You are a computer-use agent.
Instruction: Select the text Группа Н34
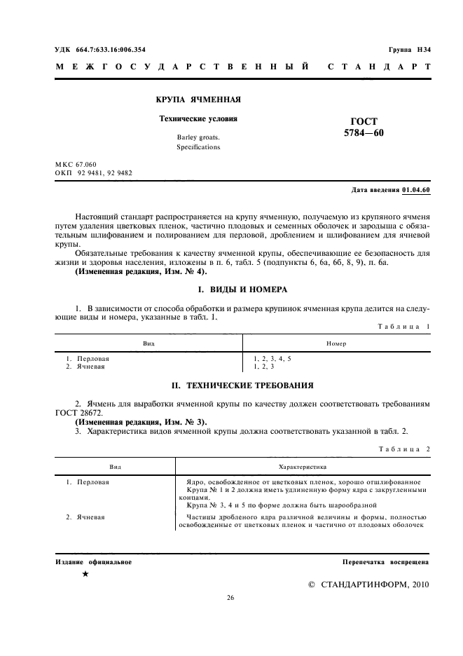410,50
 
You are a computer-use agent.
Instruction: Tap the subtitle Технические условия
198,118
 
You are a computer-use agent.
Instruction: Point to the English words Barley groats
198,138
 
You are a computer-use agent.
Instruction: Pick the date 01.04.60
417,190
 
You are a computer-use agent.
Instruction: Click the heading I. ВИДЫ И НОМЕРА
233,289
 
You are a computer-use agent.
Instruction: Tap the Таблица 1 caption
405,326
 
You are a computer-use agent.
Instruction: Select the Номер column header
336,343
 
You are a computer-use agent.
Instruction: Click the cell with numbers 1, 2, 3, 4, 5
272,358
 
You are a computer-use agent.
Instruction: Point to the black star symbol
85,574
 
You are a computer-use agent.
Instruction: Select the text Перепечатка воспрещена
385,562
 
